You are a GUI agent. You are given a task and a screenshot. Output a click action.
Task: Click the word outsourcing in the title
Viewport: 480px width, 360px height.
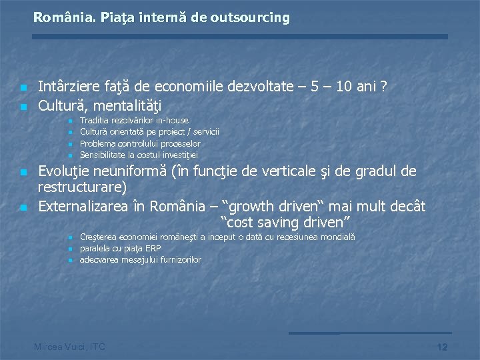coord(250,18)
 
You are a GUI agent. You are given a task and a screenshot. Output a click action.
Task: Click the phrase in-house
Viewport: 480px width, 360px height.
coord(172,121)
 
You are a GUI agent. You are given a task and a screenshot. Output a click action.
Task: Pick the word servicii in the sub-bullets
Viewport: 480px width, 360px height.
coord(207,132)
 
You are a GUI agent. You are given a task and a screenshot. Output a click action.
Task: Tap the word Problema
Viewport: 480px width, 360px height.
coord(97,143)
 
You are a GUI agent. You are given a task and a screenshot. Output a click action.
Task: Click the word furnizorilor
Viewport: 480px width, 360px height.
coord(179,260)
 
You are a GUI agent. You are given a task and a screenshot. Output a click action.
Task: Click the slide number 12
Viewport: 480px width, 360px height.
coord(441,347)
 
